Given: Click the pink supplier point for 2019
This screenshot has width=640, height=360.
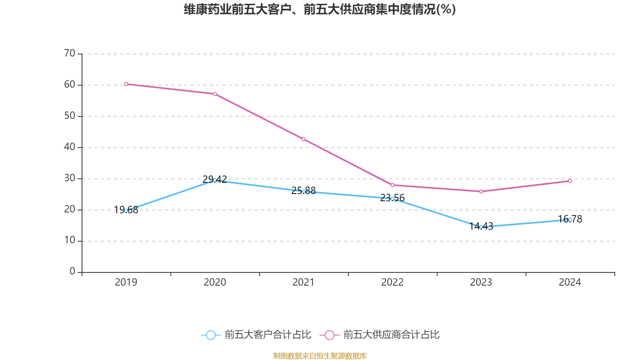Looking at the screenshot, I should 126,84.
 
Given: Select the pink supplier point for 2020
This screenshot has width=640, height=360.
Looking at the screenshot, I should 215,94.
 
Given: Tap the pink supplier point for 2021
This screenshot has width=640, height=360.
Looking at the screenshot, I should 304,139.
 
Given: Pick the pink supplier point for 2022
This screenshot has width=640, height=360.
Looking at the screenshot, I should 392,185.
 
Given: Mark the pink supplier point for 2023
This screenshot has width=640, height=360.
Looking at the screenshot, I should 481,192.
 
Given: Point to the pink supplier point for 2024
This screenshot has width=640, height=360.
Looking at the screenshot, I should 570,181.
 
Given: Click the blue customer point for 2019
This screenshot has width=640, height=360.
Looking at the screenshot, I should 126,211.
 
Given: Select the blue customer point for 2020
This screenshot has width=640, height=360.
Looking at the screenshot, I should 215,180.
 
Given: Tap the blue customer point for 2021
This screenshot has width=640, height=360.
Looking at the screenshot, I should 304,192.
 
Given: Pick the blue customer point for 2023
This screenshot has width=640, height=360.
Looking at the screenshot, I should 481,227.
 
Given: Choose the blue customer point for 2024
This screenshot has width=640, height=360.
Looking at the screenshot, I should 570,220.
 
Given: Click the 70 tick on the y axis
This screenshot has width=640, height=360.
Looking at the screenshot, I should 70,53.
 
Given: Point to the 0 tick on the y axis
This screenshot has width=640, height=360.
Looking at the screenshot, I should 72,272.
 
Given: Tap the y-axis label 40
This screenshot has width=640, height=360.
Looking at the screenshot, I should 70,147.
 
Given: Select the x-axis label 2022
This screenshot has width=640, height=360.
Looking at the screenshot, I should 392,282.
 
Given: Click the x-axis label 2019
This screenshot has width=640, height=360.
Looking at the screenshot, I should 126,282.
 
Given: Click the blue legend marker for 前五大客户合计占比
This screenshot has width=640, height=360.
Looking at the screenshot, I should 210,335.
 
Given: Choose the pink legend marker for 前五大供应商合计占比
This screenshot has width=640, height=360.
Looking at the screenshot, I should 329,335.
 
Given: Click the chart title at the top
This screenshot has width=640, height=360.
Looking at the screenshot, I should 320,9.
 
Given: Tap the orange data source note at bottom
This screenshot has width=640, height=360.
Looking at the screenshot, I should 320,356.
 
